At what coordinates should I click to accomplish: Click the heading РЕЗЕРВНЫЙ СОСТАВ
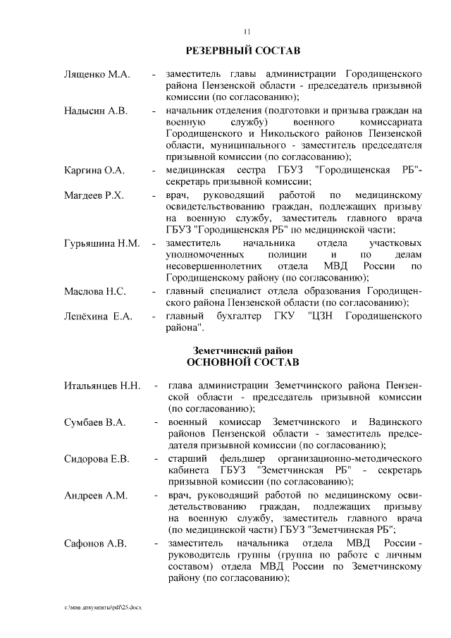(242, 51)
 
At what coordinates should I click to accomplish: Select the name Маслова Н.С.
(94, 291)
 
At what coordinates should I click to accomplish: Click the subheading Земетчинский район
(242, 350)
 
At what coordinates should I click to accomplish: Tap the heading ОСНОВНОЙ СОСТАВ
(242, 362)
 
